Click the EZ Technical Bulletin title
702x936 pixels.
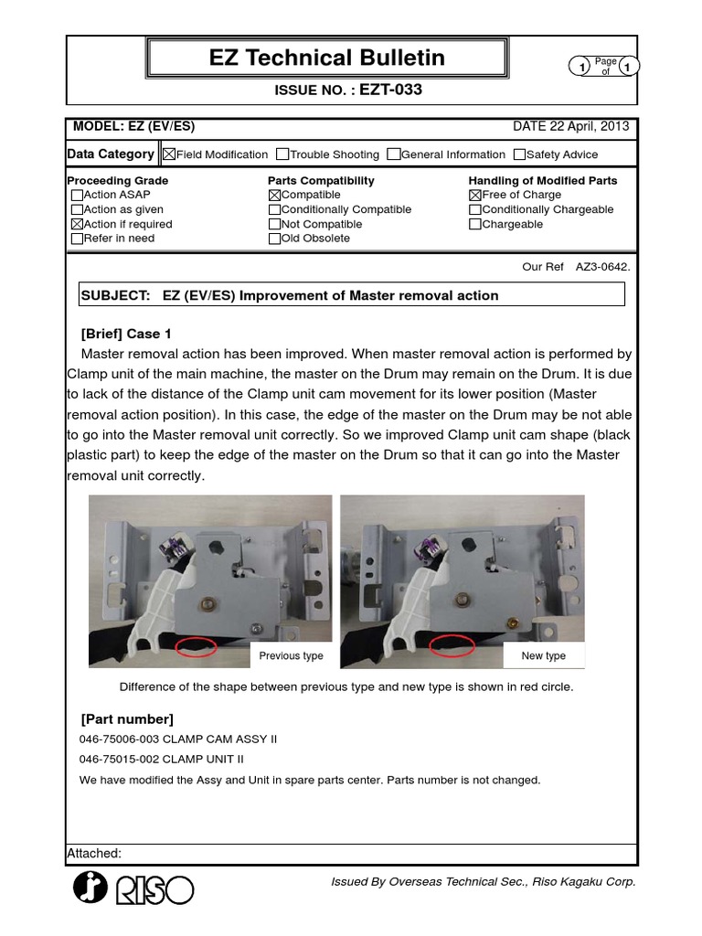point(327,58)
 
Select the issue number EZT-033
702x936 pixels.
point(390,90)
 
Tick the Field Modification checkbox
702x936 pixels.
point(168,154)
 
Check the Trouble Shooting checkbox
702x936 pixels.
point(282,154)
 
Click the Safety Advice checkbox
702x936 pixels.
point(519,154)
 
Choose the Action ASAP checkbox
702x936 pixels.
point(77,195)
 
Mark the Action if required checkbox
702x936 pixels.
point(77,224)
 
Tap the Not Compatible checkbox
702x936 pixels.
point(275,224)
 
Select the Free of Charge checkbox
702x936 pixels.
point(474,195)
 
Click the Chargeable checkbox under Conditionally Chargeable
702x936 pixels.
point(474,224)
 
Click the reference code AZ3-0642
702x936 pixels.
point(603,267)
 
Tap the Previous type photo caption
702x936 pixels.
point(291,655)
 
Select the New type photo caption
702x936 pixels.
point(544,655)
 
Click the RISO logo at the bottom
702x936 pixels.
point(133,888)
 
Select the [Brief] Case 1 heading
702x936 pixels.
point(126,334)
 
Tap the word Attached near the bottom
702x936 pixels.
point(93,854)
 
